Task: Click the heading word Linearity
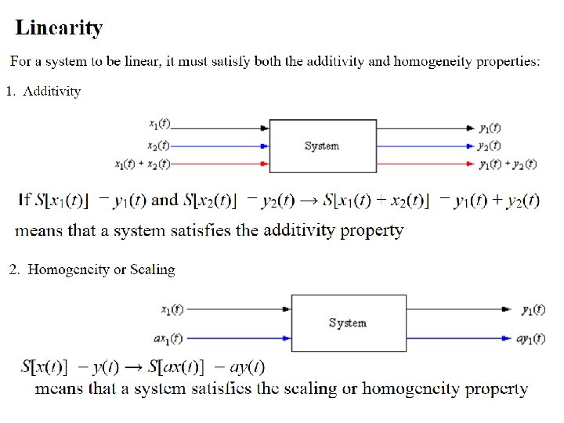point(59,29)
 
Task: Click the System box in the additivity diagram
point(321,146)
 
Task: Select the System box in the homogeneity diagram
point(349,323)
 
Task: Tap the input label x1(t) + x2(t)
point(142,164)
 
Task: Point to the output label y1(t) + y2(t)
point(508,164)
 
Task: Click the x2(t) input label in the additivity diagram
point(159,146)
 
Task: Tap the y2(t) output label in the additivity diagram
point(490,146)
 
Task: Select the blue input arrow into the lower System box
point(239,338)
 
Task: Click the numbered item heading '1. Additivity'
point(44,92)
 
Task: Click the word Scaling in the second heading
point(154,269)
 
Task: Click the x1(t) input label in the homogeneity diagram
point(171,309)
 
